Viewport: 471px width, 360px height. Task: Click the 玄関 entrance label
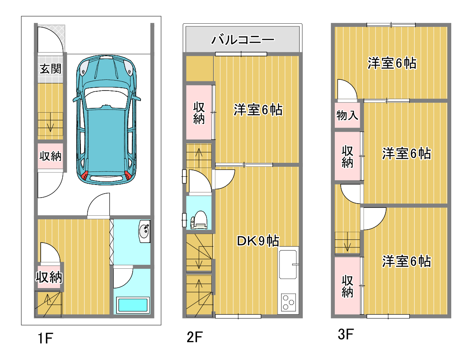[51, 69]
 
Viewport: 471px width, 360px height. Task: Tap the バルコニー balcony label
[243, 40]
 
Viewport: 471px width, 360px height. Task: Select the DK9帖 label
[258, 241]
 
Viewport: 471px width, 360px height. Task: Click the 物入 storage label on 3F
[347, 115]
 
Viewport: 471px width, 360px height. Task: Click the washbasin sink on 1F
[144, 231]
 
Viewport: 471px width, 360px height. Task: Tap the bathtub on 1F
[133, 305]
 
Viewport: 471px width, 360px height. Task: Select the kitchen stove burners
[288, 302]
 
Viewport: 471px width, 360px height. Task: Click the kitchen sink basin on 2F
[288, 264]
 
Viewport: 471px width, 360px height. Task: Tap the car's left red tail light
[85, 175]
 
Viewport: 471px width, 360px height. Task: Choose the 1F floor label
[45, 338]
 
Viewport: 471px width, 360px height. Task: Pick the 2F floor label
[195, 337]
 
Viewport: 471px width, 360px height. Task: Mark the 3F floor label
[346, 334]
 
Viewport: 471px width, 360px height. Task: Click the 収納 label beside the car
[51, 156]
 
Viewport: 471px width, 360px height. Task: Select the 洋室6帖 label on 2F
[258, 110]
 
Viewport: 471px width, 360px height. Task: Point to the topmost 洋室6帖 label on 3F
[392, 63]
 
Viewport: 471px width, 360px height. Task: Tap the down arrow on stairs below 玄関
[50, 122]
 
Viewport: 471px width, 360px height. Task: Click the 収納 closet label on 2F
[199, 113]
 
